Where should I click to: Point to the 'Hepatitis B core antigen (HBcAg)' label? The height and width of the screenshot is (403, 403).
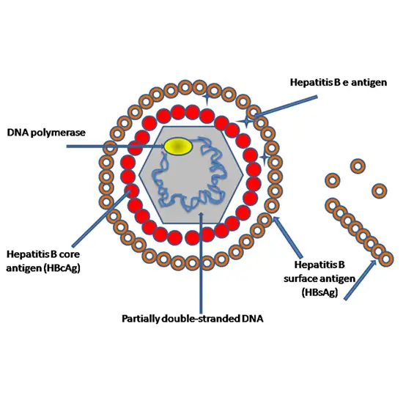[x=44, y=259]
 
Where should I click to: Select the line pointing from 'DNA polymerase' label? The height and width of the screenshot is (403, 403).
[x=117, y=147]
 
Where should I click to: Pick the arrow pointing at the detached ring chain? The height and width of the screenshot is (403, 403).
[x=359, y=282]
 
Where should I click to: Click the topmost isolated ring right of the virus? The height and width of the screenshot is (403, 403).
[x=358, y=166]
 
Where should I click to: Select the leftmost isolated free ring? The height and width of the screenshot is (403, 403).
[x=332, y=180]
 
